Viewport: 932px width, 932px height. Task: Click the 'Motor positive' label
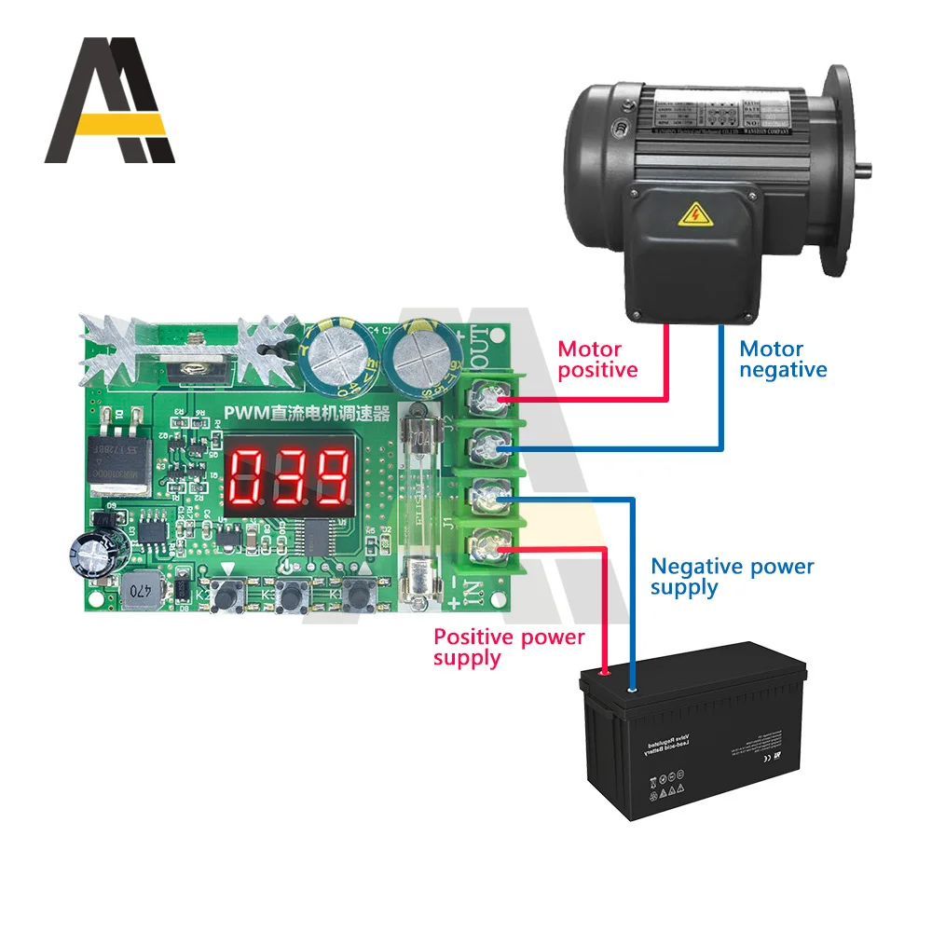tap(597, 360)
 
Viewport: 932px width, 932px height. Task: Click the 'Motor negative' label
tap(783, 360)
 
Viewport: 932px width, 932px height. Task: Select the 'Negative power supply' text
tap(732, 577)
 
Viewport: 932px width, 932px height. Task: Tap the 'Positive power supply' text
tap(509, 647)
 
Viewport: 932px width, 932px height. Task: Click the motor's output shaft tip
tap(868, 171)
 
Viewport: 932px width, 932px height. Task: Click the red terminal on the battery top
tap(603, 669)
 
